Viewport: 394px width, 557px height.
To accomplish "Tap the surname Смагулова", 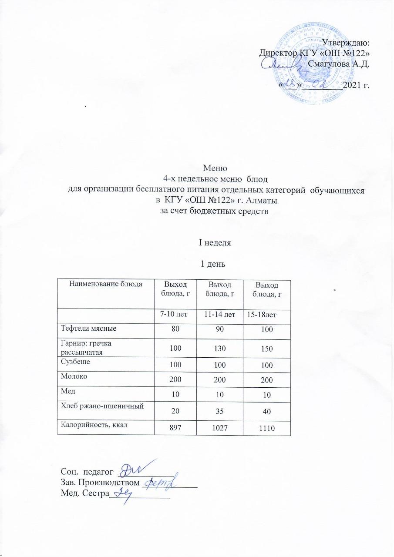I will (329, 65).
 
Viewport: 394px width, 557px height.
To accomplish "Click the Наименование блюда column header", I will (106, 284).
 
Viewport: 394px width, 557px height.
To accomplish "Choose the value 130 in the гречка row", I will (219, 349).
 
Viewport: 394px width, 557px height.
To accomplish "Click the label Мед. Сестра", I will (82, 494).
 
